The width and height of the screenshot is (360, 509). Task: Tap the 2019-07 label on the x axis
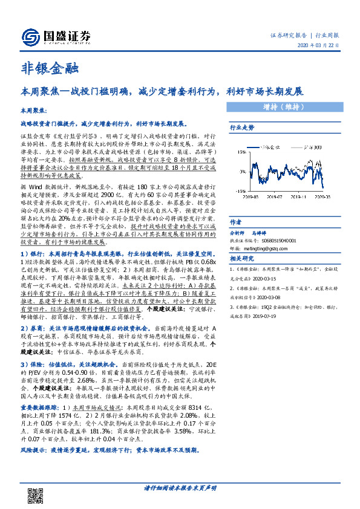275,196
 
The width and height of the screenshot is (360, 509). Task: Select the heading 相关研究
240,259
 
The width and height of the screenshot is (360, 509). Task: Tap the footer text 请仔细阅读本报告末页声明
180,487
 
